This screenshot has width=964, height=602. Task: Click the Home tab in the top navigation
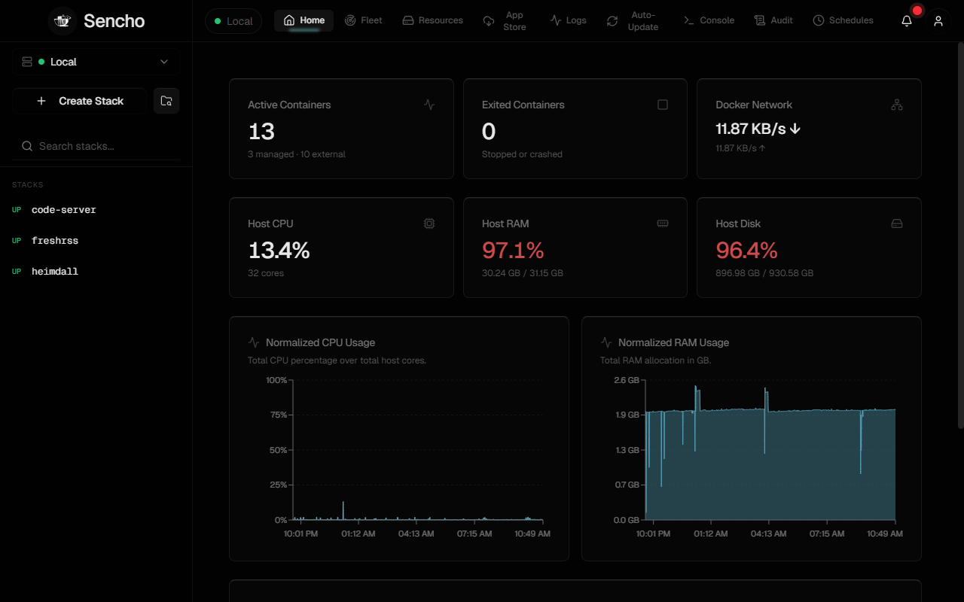[304, 20]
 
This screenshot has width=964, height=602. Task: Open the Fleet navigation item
[363, 20]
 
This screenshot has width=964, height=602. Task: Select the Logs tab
[568, 20]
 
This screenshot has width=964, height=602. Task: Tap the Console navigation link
[709, 20]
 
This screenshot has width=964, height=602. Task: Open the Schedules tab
[843, 20]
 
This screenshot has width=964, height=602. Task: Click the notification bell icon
[907, 20]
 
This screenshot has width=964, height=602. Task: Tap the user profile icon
[938, 20]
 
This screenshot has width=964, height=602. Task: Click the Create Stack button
[80, 101]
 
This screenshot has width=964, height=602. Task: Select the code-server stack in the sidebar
[64, 210]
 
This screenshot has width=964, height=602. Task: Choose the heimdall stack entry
[55, 272]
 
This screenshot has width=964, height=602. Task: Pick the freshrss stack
[55, 241]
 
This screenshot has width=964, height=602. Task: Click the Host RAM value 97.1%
[513, 251]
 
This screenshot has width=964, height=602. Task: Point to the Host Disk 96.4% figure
[746, 251]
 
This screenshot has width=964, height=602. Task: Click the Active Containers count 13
[261, 132]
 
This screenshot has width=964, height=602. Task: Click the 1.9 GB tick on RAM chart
[627, 415]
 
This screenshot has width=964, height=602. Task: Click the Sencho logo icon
[63, 20]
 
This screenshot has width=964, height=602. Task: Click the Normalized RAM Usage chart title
[673, 342]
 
